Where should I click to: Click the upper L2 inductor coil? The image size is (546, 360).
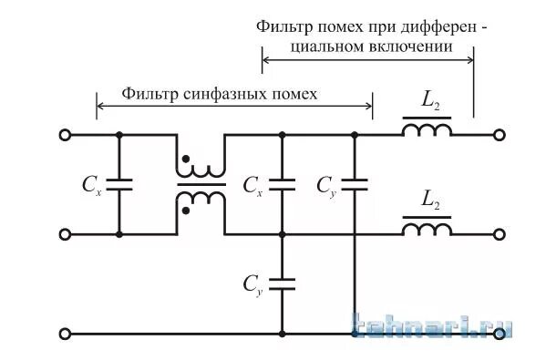[x=428, y=131]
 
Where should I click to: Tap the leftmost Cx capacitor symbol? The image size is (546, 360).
[x=119, y=185]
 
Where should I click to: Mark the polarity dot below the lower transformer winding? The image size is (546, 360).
[x=187, y=211]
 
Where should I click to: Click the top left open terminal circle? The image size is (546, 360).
[x=64, y=136]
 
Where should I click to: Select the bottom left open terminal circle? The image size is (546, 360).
[x=64, y=334]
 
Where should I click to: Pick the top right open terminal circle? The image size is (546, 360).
[x=498, y=136]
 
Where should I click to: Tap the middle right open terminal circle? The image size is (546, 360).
[x=498, y=234]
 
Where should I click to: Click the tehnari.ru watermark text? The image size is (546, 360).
[x=432, y=327]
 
